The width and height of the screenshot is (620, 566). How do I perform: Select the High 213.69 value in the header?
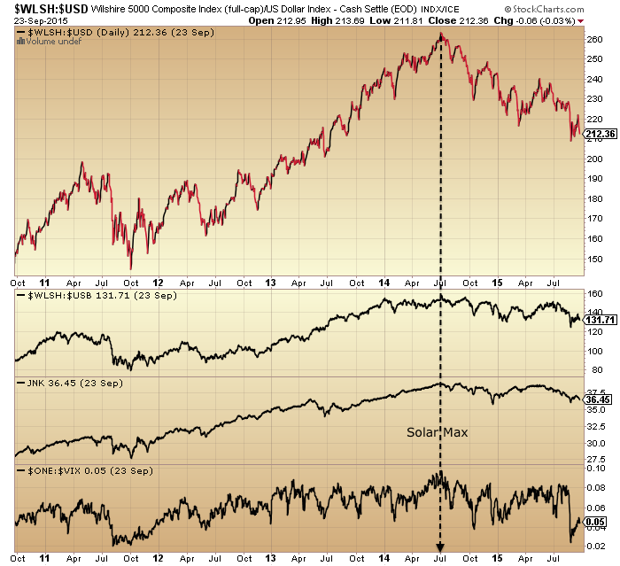[417, 19]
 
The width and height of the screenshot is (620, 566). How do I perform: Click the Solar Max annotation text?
[436, 432]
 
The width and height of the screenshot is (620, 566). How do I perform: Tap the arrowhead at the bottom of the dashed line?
[440, 547]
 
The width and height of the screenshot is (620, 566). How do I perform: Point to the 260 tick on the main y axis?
[595, 39]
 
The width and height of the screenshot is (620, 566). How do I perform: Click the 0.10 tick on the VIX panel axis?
[597, 468]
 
